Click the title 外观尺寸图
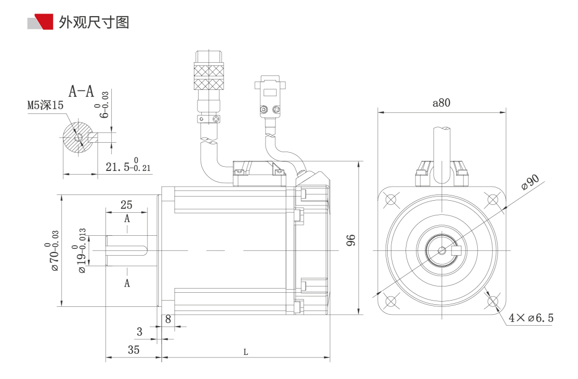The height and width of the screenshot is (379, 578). point(94,22)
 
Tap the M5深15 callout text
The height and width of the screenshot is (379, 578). point(45,106)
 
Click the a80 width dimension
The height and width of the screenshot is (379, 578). point(442,103)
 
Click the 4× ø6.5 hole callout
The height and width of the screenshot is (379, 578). point(531,318)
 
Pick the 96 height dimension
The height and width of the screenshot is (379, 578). point(351,239)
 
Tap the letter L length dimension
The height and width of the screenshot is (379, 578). point(246,352)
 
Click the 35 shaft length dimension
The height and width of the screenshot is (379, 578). point(134,350)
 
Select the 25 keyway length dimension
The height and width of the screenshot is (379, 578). point(126,204)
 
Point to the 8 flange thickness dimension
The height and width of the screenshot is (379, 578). point(168,318)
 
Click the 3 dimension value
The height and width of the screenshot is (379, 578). point(140,331)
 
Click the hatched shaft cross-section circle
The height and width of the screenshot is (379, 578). point(78,137)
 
